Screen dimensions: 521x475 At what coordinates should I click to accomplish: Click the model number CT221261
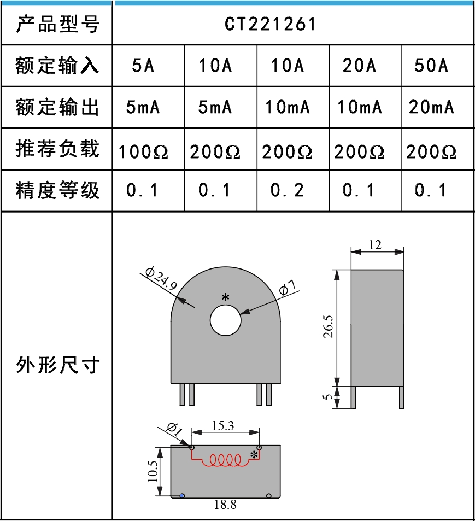point(270,25)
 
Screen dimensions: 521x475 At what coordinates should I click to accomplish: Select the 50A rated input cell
point(431,66)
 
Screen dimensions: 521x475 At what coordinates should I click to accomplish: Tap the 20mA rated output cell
point(431,107)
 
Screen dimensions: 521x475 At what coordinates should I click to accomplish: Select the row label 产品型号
point(57,25)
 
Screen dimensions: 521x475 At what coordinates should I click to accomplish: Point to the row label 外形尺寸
point(57,365)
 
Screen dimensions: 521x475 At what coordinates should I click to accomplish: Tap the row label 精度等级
point(57,190)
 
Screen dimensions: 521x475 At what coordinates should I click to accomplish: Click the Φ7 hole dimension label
point(288,288)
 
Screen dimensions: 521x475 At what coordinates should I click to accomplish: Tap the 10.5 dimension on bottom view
point(153,471)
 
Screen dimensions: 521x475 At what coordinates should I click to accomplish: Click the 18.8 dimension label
point(225,505)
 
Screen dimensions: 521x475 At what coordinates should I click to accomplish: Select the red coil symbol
point(225,461)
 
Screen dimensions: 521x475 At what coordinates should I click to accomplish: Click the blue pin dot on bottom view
point(182,495)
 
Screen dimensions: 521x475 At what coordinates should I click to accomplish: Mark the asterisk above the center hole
point(225,297)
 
